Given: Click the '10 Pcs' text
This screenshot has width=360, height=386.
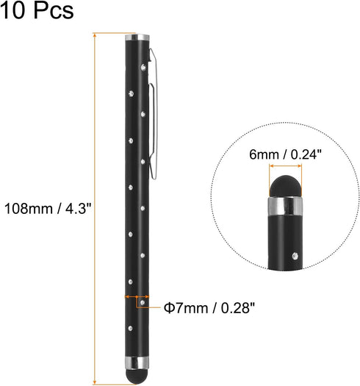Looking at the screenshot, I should tap(37, 12).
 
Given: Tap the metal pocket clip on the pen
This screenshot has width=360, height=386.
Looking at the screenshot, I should tap(154, 110).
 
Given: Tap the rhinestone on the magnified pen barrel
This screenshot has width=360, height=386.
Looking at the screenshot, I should tap(295, 257).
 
